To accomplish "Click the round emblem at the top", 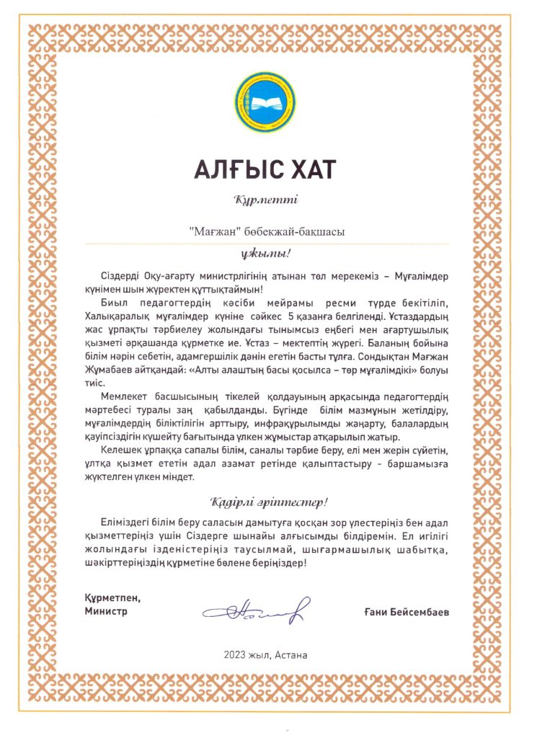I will coord(266,102).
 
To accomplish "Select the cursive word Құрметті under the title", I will coord(266,200).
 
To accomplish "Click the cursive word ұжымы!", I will coord(266,254).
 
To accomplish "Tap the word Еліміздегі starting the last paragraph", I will coord(130,521).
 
